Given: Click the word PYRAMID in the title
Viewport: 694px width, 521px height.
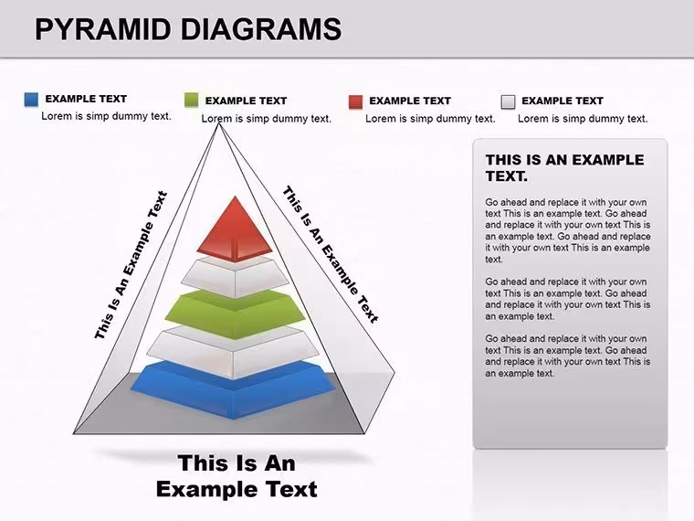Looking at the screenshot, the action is tap(102, 29).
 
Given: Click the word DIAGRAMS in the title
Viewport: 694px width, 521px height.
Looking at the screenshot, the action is tap(261, 29).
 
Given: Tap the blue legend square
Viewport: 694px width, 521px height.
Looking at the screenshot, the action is tap(31, 100).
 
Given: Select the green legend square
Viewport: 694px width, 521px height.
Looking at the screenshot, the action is tap(191, 100).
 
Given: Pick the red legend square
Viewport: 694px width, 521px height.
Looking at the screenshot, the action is tap(355, 101).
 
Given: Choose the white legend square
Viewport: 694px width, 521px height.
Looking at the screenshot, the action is tap(508, 101).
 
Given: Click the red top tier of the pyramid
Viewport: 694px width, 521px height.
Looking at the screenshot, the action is tap(235, 229).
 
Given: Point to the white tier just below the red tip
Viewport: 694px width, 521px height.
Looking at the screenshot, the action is tap(235, 278).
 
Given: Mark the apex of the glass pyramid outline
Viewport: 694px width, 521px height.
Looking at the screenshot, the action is tap(218, 123).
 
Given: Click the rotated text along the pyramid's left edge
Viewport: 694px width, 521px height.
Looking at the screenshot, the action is tap(131, 265).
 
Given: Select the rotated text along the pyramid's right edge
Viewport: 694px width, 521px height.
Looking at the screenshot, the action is tap(331, 254).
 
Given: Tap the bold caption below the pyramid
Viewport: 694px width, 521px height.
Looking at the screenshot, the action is tap(237, 476).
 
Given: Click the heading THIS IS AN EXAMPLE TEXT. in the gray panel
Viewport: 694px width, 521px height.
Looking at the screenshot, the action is tap(564, 168).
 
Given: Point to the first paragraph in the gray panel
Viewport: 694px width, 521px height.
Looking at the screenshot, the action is tap(568, 230).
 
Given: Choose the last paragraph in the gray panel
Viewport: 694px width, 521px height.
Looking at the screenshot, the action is tap(568, 356).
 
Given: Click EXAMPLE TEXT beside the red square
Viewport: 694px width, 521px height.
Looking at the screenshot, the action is tap(410, 101).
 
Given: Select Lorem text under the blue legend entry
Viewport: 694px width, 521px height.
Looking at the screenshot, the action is tap(106, 116).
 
